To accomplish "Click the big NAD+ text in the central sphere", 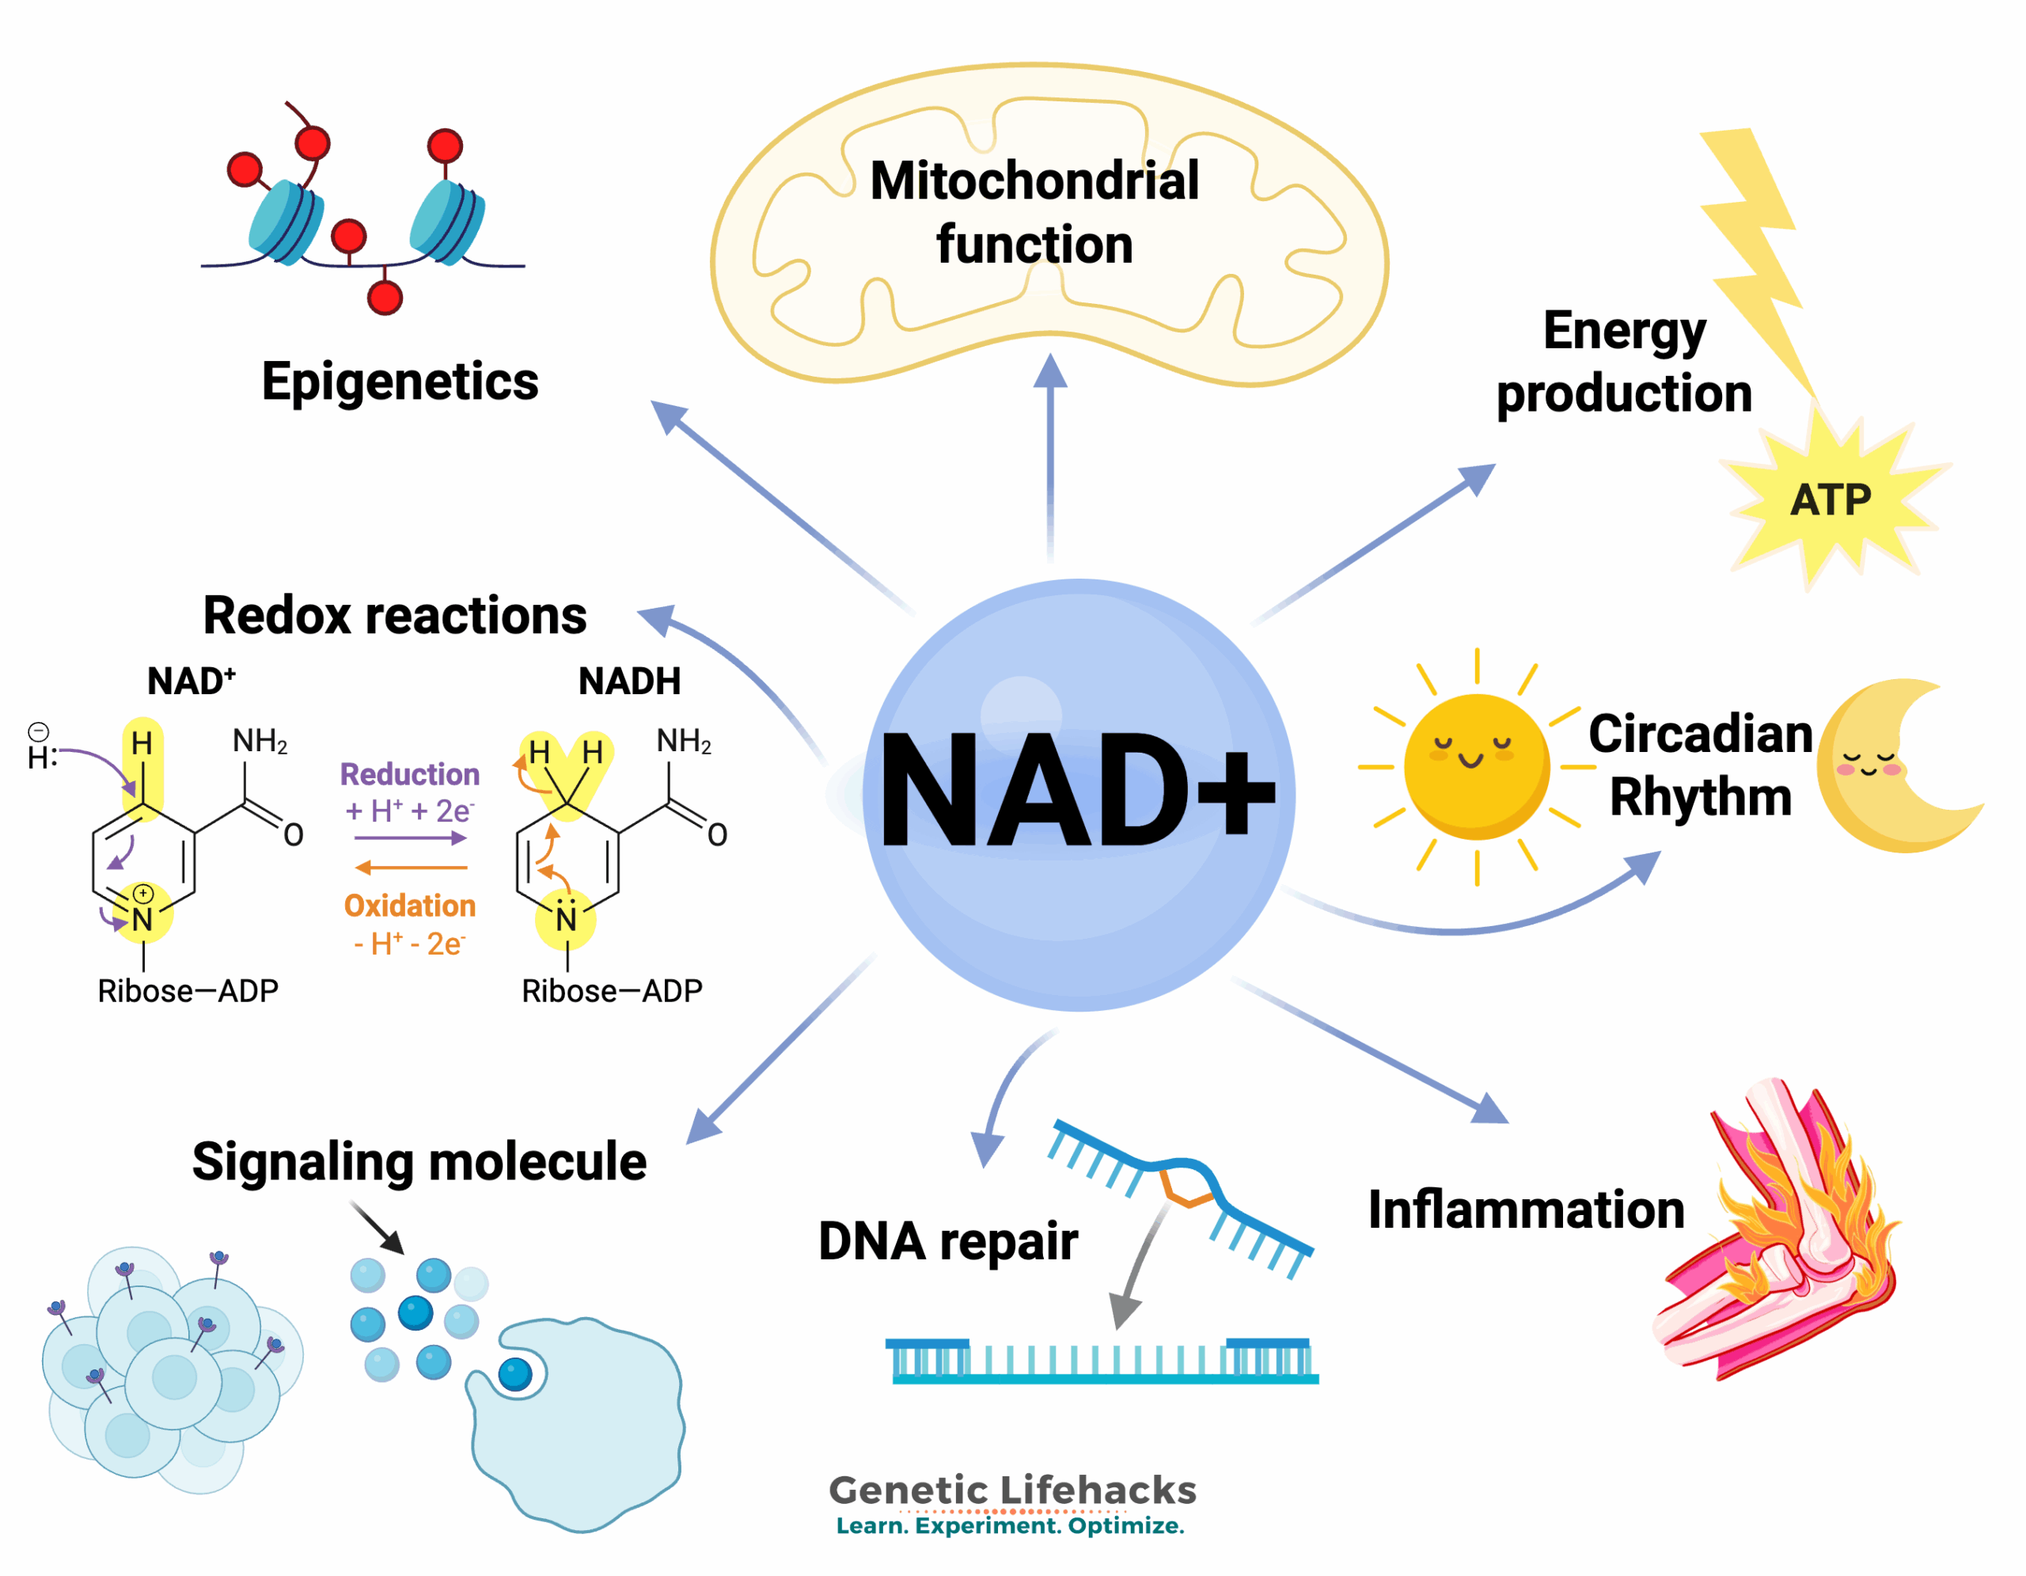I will [1076, 789].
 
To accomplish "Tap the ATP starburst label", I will [1830, 500].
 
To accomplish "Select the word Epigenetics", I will [400, 382].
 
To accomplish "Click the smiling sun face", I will [1475, 766].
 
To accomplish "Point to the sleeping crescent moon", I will [1883, 768].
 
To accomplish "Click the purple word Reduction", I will [409, 773].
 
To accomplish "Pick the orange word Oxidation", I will [409, 906].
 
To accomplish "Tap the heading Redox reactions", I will [394, 615].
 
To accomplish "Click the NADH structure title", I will [629, 681].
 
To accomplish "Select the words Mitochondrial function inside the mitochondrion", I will [1034, 211].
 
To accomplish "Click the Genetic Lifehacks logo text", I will [1012, 1490].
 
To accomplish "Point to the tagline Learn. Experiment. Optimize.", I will [1010, 1526].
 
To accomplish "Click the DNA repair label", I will [947, 1240].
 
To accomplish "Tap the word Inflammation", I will [1526, 1210].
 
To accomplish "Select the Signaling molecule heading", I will [419, 1160].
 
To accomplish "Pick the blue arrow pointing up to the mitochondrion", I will [1050, 454].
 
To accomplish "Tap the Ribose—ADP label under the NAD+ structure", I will [188, 991].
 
